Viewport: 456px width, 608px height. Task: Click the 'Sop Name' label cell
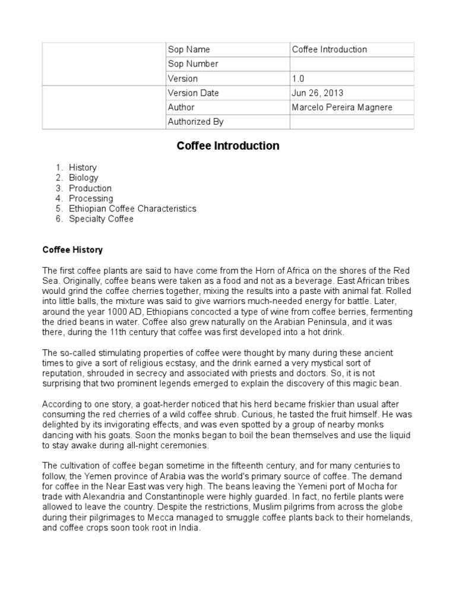coord(189,50)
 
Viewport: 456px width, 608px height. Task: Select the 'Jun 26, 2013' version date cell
coord(317,93)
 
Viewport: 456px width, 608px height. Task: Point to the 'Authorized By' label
coord(195,122)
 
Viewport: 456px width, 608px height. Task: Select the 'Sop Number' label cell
coord(193,64)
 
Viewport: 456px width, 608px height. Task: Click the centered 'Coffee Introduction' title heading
coord(228,146)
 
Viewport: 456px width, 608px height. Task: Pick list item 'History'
coord(83,168)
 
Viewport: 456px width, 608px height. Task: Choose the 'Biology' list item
coord(83,178)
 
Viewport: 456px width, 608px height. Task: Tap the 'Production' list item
coord(90,188)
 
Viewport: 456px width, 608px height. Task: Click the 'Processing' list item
coord(90,198)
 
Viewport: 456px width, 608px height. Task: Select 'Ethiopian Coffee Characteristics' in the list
coord(132,209)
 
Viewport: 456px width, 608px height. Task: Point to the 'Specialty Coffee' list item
coord(101,219)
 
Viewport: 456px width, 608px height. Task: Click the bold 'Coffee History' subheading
coord(72,250)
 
